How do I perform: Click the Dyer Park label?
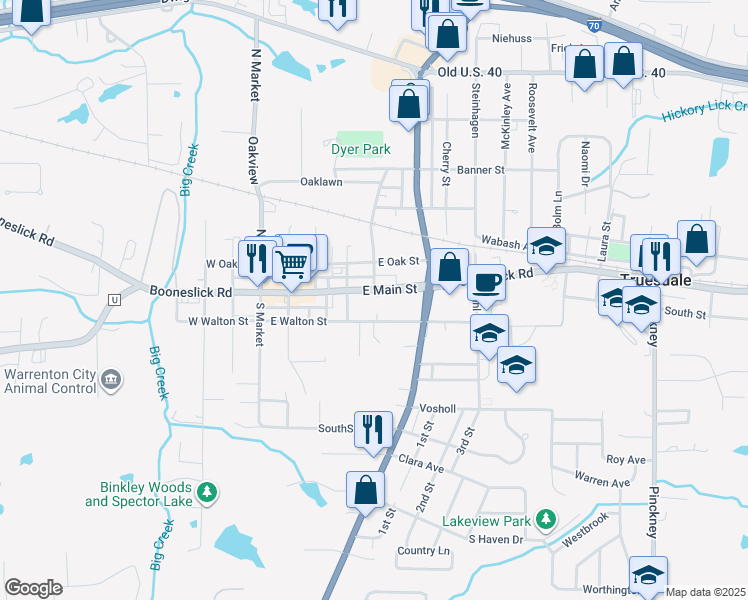[x=360, y=149]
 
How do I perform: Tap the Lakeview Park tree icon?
[x=545, y=519]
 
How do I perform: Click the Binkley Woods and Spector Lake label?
[x=145, y=493]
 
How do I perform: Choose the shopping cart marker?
[x=291, y=264]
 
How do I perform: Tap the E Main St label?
[x=390, y=290]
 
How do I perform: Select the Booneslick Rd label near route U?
[x=190, y=292]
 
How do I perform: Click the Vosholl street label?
[x=438, y=409]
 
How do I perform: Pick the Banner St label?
[x=481, y=170]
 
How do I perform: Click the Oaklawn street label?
[x=322, y=183]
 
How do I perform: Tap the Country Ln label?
[x=423, y=551]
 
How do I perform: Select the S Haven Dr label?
[x=497, y=540]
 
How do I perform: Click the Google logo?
[x=33, y=588]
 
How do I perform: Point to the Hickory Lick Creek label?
[x=704, y=112]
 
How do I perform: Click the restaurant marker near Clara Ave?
[x=373, y=429]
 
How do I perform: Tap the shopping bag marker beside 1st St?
[x=365, y=490]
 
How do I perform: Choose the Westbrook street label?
[x=585, y=528]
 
